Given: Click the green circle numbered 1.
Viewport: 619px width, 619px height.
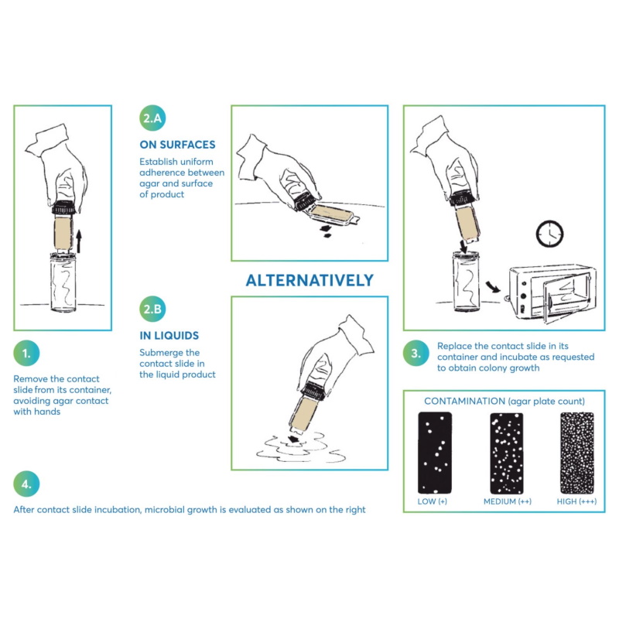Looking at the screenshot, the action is [26, 353].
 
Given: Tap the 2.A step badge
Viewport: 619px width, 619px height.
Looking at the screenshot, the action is [152, 118].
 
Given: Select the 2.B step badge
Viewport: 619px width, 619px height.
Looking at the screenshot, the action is [152, 309].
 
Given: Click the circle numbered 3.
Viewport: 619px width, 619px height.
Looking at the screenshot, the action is [416, 353].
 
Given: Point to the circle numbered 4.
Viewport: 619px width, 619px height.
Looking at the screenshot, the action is [26, 484].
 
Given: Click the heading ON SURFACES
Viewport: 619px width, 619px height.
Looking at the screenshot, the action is [177, 145].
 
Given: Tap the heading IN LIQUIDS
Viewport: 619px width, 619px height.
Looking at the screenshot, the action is [169, 336].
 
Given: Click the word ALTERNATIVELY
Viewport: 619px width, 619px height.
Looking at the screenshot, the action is [309, 280].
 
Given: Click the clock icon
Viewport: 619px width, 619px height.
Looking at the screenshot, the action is [549, 234].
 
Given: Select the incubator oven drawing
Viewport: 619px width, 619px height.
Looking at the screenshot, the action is [552, 293].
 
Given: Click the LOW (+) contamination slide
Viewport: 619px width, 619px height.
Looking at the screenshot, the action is [435, 453].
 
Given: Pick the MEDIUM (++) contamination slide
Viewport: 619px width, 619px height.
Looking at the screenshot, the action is [507, 453].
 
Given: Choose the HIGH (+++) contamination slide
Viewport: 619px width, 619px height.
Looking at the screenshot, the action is [577, 453].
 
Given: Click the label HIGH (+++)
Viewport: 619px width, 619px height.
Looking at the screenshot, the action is [576, 501].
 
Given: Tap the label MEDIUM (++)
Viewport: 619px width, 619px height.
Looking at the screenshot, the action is [508, 501].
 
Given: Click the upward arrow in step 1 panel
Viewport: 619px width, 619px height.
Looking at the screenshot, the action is [79, 241].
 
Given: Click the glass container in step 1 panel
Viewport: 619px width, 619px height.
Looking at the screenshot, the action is [63, 282].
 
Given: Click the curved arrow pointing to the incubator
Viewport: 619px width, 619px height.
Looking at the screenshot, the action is [493, 286].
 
